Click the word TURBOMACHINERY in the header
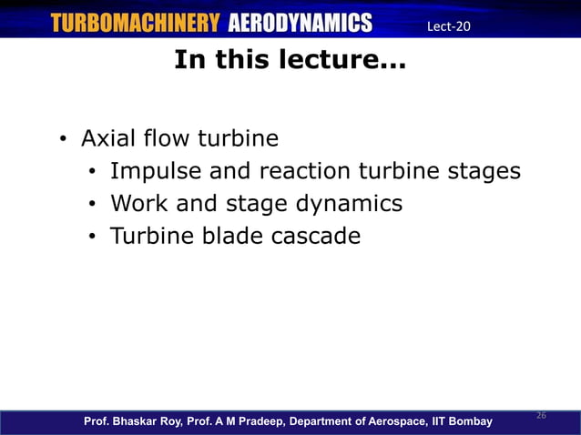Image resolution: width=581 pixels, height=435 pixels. pos(135,24)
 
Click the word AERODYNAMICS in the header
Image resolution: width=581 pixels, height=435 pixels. pos(300,24)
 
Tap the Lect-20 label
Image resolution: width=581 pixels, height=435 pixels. pos(448,25)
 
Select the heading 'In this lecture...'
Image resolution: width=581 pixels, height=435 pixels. pos(290,61)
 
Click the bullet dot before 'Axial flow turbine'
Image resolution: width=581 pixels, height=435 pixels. pos(62,141)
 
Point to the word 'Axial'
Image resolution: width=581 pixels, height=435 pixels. pos(107,139)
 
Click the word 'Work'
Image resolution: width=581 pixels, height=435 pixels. pos(138,203)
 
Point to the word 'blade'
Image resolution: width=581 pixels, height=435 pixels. pos(232,236)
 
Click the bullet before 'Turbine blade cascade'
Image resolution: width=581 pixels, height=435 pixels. pos(92,238)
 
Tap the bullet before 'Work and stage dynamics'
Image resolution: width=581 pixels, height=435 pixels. pos(92,205)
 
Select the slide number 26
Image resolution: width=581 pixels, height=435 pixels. pos(540,415)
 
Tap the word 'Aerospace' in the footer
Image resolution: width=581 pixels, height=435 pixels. pos(393,421)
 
